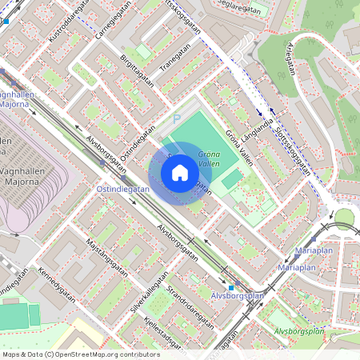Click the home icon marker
pyautogui.click(x=180, y=173)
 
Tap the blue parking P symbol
pyautogui.click(x=177, y=118)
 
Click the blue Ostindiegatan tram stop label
pyautogui.click(x=122, y=189)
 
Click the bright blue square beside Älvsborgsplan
pyautogui.click(x=231, y=287)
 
